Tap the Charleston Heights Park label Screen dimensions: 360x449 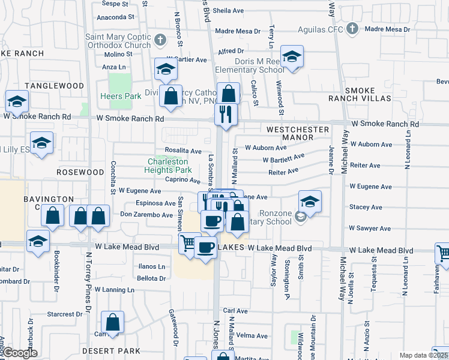(x=168, y=166)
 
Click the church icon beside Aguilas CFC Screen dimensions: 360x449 (x=353, y=29)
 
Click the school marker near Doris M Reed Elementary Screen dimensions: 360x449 (x=292, y=57)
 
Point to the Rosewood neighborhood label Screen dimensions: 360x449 (x=80, y=172)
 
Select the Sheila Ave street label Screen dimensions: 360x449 (x=228, y=11)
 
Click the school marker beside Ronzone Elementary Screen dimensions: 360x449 (x=310, y=202)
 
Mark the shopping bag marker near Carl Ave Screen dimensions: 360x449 (x=112, y=322)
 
